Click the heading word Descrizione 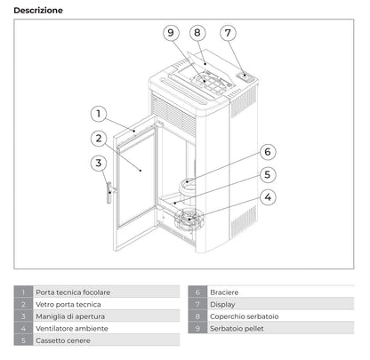38,10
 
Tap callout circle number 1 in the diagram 100,114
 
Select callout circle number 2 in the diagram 100,138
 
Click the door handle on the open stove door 109,192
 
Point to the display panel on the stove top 240,77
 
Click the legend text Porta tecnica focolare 73,292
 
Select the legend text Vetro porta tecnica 67,304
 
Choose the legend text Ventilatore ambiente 71,328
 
